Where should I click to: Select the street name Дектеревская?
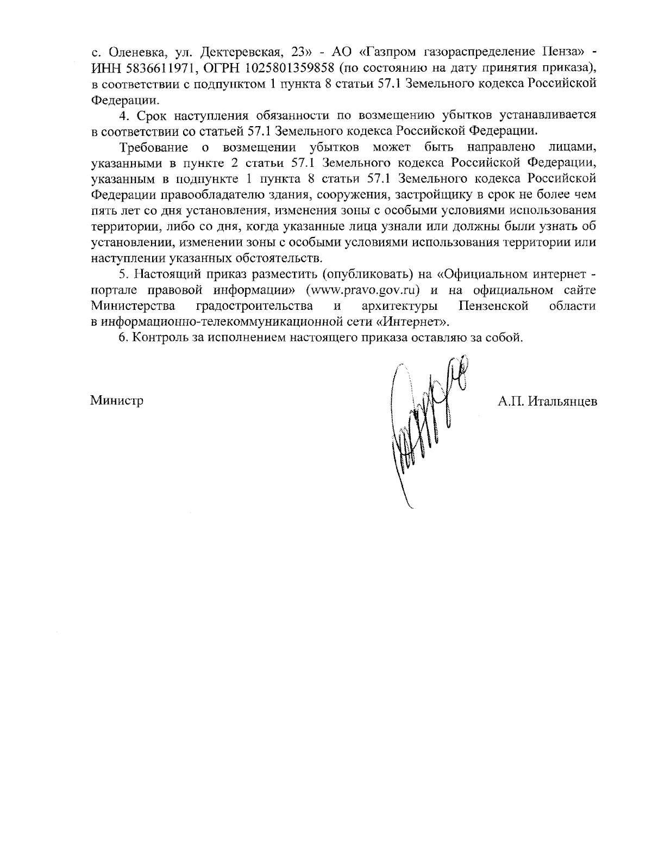coord(240,53)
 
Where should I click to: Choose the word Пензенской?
coord(493,305)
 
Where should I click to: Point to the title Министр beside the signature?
coord(117,401)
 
